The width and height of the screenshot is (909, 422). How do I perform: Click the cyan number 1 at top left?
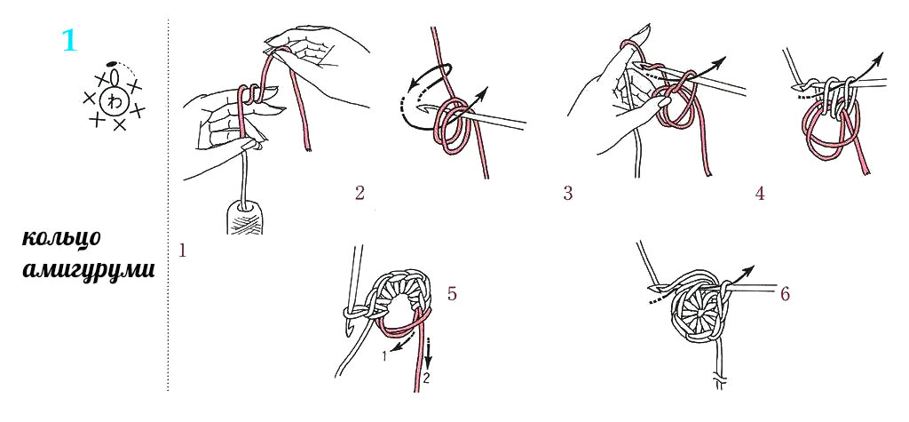(x=69, y=41)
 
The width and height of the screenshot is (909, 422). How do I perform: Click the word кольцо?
(x=63, y=239)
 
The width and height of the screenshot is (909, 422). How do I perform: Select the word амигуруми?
(x=88, y=270)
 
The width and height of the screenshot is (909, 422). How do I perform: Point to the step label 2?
(x=360, y=193)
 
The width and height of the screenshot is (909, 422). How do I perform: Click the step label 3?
(x=567, y=193)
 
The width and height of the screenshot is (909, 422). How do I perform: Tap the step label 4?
(x=760, y=193)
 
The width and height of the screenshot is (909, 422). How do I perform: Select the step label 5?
(x=452, y=294)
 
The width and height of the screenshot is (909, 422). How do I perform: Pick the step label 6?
(x=785, y=294)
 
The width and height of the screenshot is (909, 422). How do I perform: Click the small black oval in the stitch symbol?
(x=113, y=63)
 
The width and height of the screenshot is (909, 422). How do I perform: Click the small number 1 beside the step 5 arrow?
(x=384, y=357)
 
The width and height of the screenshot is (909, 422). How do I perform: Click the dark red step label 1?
(x=183, y=251)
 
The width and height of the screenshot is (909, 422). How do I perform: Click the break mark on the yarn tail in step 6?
(x=719, y=382)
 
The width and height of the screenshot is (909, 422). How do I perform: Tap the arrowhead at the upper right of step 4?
(x=879, y=56)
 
